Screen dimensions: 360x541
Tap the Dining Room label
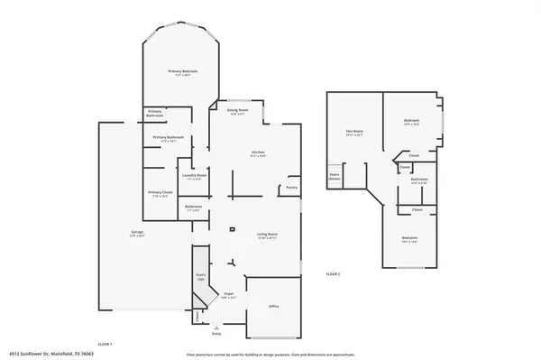(237, 111)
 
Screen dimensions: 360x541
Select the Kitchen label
(258, 153)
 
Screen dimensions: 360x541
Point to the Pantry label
(291, 188)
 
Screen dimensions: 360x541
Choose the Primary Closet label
(160, 193)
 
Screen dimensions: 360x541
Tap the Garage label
(138, 233)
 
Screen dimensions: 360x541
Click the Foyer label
(229, 293)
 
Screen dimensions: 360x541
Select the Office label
(274, 307)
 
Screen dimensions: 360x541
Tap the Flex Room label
(354, 132)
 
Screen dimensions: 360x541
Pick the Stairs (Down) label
(334, 176)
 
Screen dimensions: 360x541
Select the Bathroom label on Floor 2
(419, 180)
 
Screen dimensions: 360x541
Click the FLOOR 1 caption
(105, 345)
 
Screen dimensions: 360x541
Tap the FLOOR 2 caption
(334, 273)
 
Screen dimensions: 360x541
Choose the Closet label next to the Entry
(197, 316)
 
